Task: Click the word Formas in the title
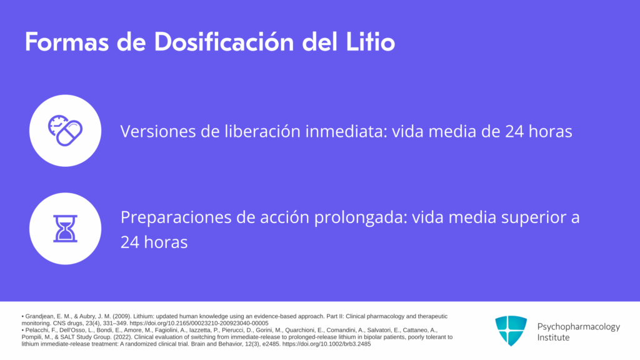pos(67,42)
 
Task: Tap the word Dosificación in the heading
pos(224,42)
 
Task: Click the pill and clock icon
pos(65,131)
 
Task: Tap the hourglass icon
pos(65,229)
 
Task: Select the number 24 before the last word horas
pos(130,242)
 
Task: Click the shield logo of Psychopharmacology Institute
pos(511,331)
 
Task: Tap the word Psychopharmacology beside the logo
pos(578,327)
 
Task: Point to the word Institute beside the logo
pos(553,337)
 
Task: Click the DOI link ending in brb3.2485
pos(326,344)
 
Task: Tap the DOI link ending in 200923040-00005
pos(199,323)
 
